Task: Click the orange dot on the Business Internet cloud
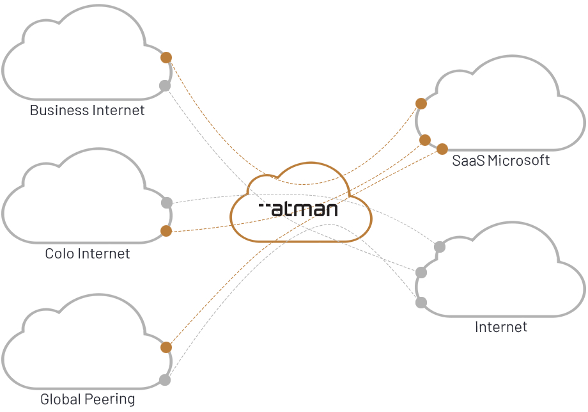(166, 58)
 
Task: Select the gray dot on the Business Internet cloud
(165, 85)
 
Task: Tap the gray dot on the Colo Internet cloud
(167, 203)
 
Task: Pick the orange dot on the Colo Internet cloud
(166, 231)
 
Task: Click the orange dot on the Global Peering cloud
(166, 347)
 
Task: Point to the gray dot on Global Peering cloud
(165, 380)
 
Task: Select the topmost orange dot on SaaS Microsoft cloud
(421, 104)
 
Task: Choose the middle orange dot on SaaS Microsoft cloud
(425, 140)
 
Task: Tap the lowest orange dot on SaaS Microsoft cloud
(442, 149)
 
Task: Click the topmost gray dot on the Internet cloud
(440, 247)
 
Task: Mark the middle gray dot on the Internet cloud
(421, 273)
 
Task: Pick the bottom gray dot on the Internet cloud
(421, 302)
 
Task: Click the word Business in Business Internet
(59, 111)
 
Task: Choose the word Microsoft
(518, 161)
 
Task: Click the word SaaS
(468, 161)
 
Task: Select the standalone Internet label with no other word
(501, 327)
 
